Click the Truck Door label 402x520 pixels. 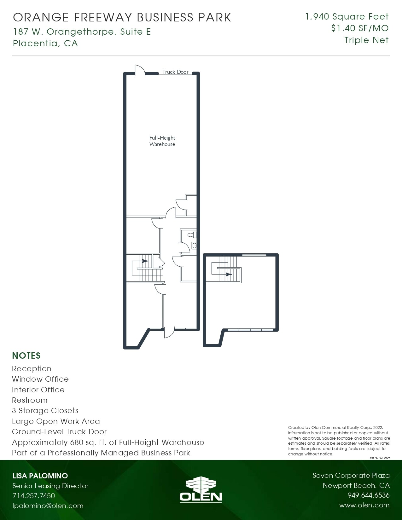[175, 72]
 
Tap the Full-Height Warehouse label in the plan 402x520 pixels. [162, 141]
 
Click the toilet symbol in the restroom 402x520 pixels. [192, 235]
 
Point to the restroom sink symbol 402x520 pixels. [194, 246]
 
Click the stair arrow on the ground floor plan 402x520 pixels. [145, 261]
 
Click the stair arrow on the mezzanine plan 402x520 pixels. [228, 274]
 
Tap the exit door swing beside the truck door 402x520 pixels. [139, 70]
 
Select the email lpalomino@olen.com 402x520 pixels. [48, 506]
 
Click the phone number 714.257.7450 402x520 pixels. [34, 495]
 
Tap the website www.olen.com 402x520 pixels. [364, 505]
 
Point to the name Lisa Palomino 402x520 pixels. [40, 476]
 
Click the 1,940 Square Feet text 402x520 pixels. [347, 17]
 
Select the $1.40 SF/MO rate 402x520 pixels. [360, 28]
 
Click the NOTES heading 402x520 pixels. [26, 355]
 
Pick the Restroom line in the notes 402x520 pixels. [30, 400]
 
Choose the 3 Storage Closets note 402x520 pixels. [45, 411]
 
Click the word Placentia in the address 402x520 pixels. [35, 43]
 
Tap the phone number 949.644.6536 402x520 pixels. [368, 495]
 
